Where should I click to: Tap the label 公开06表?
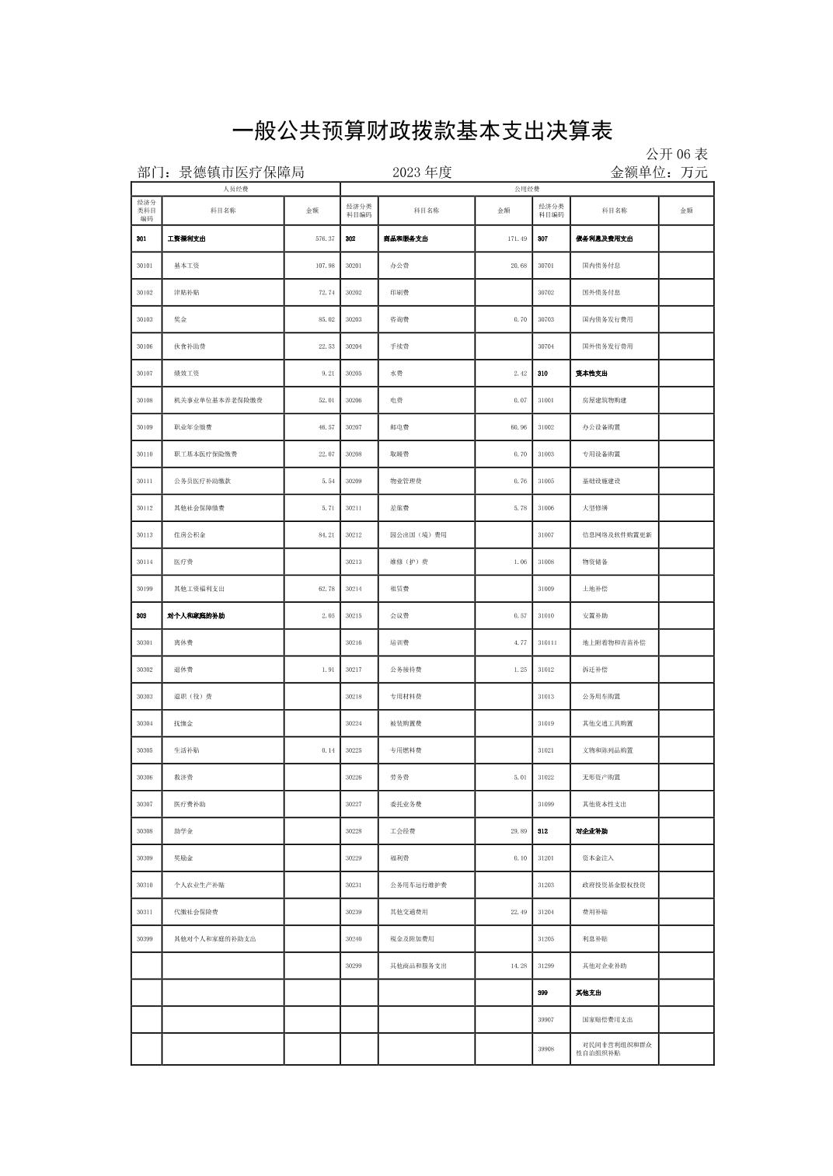(676, 154)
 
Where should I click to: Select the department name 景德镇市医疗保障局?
(242, 172)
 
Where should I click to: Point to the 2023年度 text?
(422, 172)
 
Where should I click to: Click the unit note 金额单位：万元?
(659, 172)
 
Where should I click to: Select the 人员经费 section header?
(235, 189)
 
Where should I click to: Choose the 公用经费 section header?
(527, 189)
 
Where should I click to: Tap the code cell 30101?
(145, 266)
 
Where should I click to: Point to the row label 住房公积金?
(190, 535)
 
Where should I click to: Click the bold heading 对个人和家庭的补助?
(196, 616)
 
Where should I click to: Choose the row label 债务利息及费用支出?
(605, 238)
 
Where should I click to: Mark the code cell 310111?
(547, 642)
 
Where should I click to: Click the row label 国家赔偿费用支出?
(608, 1019)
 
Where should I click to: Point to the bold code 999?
(542, 993)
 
